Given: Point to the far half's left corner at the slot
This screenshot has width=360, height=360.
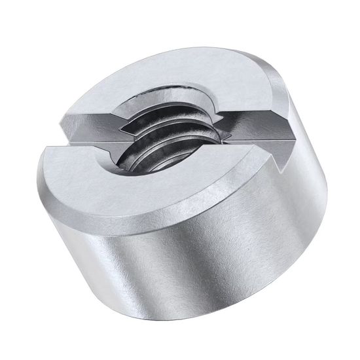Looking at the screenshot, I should point(62,118).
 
